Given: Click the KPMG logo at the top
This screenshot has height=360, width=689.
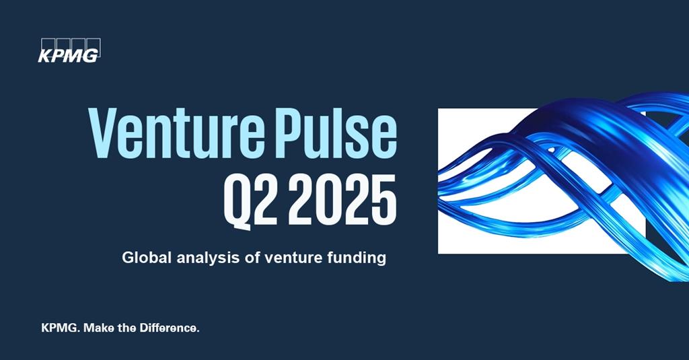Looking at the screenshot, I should click(x=69, y=54).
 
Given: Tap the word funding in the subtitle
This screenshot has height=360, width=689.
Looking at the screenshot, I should click(x=359, y=257).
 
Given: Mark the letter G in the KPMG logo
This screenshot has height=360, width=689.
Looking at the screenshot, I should click(x=91, y=56).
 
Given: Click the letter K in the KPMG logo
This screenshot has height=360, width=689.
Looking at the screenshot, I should click(x=45, y=56).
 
